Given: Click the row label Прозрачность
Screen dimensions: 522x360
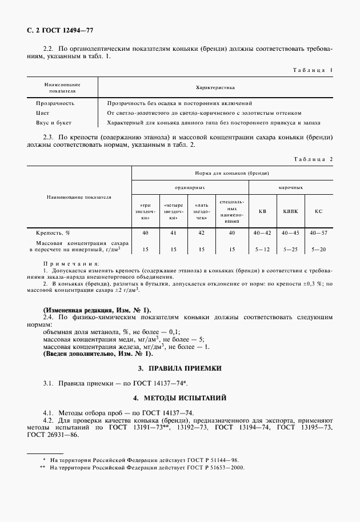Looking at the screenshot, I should [55, 103].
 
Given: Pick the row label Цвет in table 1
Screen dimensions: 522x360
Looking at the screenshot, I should [43, 113].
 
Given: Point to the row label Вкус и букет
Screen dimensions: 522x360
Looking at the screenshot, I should [54, 123].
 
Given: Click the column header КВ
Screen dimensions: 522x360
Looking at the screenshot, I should [262, 211].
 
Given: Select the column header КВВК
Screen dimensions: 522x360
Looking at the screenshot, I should [290, 211].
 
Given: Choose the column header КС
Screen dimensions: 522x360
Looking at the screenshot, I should [318, 211].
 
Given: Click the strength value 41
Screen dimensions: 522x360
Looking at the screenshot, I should [173, 233].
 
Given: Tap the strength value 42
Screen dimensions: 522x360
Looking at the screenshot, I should [201, 233].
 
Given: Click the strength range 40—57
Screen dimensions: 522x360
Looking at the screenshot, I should [318, 233].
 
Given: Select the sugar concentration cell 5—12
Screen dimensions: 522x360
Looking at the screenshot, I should [262, 249].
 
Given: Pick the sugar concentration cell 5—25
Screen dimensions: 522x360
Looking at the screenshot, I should [290, 249].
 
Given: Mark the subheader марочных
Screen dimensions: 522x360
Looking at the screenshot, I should [291, 187].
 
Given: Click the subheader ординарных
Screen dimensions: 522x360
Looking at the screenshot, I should [190, 187].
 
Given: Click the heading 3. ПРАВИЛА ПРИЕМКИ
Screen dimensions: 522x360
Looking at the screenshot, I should [180, 368].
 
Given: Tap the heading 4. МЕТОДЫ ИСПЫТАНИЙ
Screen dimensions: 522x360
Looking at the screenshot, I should [180, 397].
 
